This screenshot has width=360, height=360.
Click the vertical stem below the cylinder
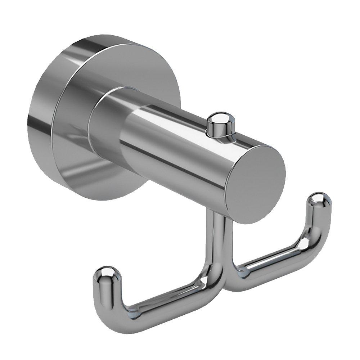coord(217,234)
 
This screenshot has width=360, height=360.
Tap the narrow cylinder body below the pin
coord(180,151)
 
